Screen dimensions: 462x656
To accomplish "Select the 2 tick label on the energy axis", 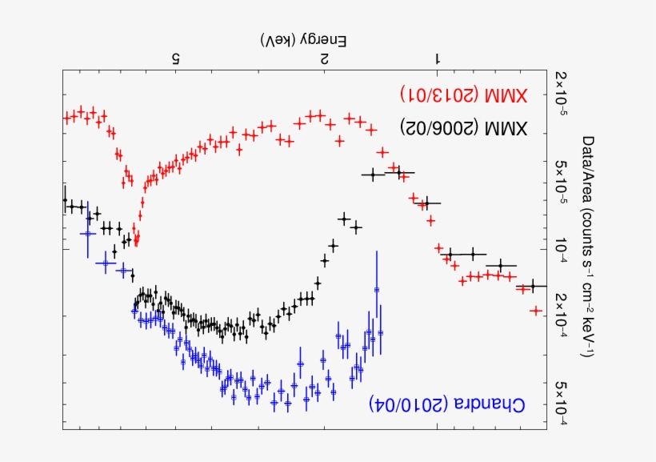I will (x=324, y=58).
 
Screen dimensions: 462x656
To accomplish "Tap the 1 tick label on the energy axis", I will (x=437, y=58).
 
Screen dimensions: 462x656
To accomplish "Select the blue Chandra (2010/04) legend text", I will (x=447, y=404).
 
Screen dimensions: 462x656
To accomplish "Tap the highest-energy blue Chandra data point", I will (x=87, y=233).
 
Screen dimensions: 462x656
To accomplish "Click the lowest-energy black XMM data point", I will (x=532, y=286).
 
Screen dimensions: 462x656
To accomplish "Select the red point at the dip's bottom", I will (x=136, y=239).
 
